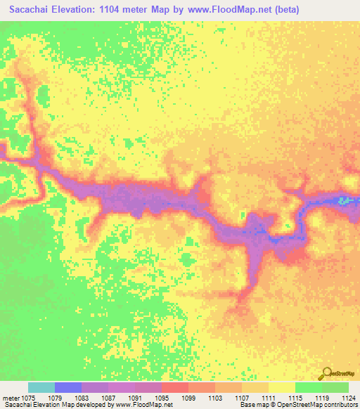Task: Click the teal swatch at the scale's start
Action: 41,387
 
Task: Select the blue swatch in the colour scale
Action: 68,387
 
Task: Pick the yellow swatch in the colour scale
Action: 282,387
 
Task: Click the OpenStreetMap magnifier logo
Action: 325,372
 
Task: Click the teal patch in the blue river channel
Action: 344,200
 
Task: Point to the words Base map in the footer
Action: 255,405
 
